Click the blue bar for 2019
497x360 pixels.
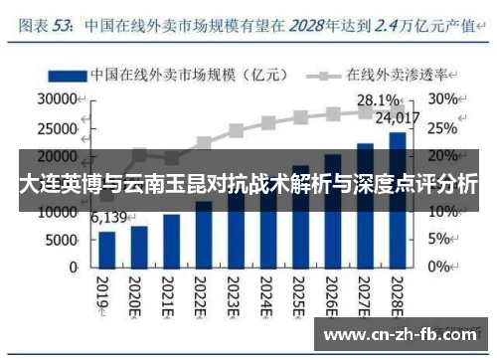(x=107, y=250)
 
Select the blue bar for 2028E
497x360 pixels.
(x=397, y=200)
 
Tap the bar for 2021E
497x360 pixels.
(x=171, y=242)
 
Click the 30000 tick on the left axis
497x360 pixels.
(x=58, y=99)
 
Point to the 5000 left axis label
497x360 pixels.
(x=62, y=240)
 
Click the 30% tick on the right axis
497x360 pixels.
(x=443, y=99)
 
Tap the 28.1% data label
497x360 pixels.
(x=378, y=100)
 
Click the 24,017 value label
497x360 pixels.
(x=402, y=118)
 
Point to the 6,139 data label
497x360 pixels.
(x=107, y=217)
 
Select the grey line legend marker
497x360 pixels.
(x=322, y=75)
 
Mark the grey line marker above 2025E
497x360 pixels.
(x=300, y=117)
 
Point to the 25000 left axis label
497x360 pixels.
(x=58, y=128)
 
